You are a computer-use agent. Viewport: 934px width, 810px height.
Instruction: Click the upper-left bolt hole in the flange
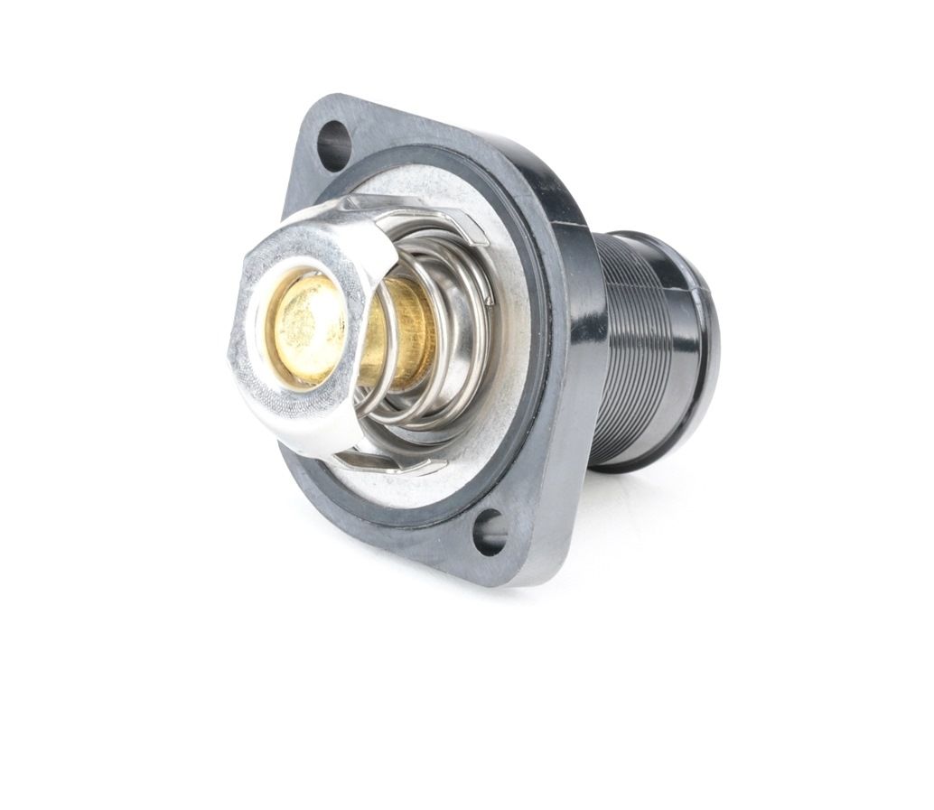click(x=332, y=144)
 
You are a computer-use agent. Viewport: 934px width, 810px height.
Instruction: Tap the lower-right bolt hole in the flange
click(x=490, y=532)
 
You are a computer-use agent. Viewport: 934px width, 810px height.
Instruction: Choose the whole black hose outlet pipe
click(x=655, y=352)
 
